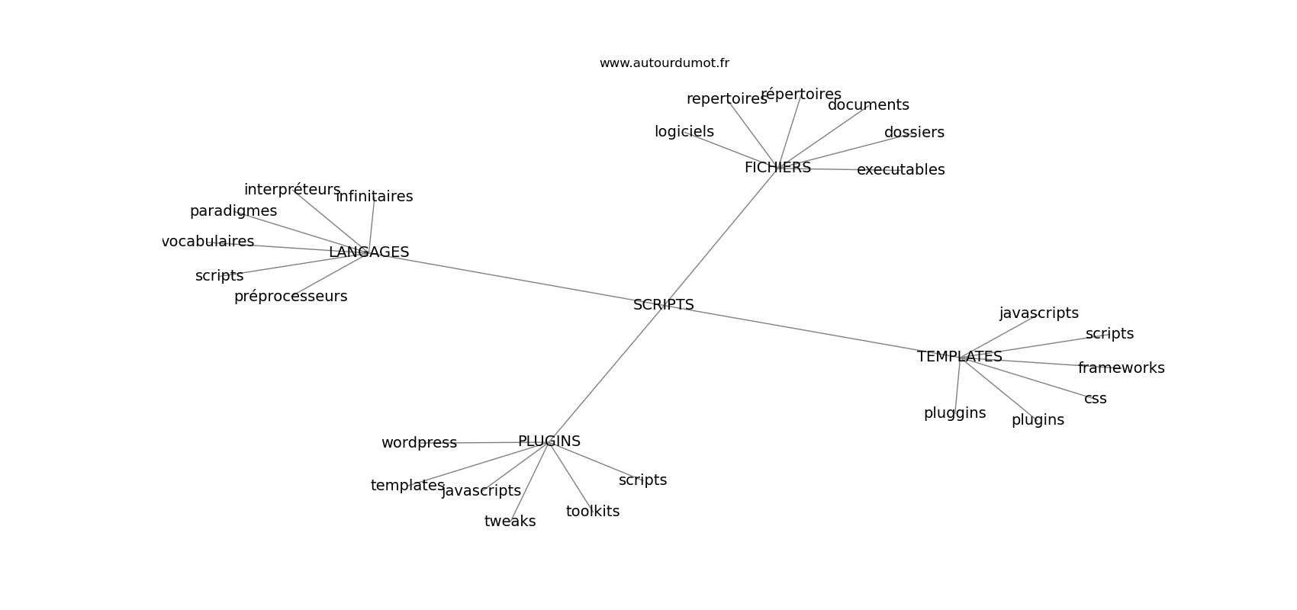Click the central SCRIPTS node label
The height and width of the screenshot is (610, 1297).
click(663, 305)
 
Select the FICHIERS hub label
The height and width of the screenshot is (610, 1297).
click(777, 168)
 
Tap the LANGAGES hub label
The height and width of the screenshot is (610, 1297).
click(369, 252)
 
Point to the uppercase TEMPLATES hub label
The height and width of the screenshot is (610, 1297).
click(959, 357)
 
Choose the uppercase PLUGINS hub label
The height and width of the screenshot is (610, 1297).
click(549, 441)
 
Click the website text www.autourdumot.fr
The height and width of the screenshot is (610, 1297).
click(664, 63)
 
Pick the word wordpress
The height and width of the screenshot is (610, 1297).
click(419, 443)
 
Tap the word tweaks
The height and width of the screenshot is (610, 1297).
click(510, 522)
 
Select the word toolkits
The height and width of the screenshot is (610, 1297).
click(593, 512)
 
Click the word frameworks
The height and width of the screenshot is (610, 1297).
click(1121, 368)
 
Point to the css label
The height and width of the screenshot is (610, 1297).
click(1095, 399)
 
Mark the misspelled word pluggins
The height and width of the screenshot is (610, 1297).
click(954, 413)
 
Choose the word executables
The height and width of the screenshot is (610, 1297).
click(900, 170)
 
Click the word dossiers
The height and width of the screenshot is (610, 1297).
click(914, 133)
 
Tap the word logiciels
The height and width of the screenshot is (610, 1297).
click(684, 132)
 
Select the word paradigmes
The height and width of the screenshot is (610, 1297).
click(233, 211)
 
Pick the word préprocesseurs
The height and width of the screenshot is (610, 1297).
click(290, 297)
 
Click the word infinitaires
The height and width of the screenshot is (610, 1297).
click(374, 197)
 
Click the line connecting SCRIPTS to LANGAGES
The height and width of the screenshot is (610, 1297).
click(519, 279)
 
